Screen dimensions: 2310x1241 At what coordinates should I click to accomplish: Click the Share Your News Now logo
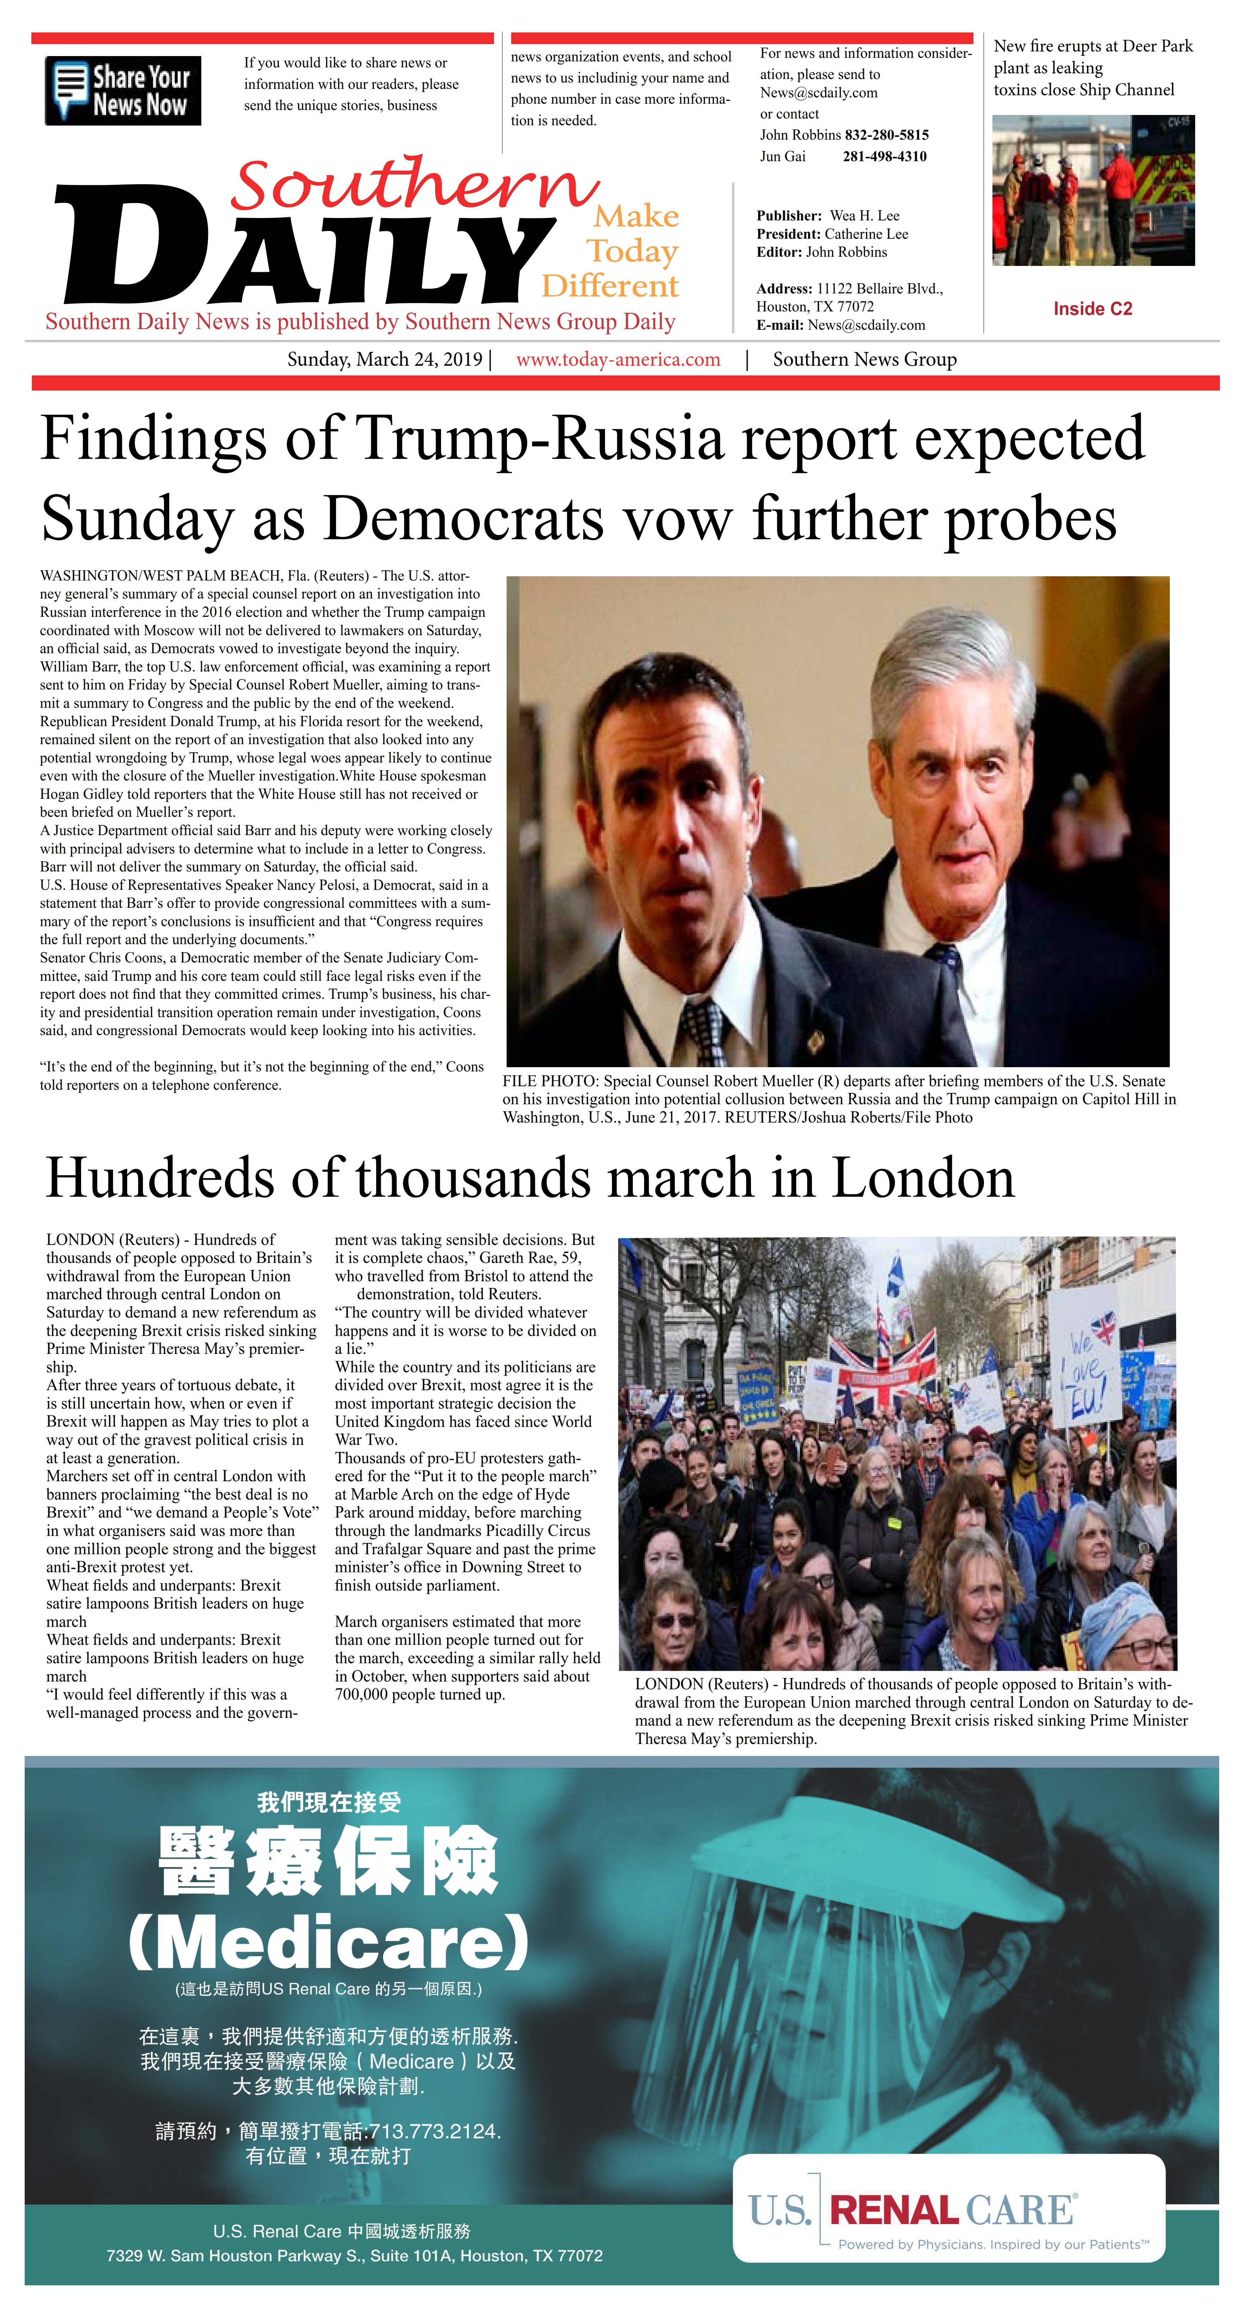pos(123,91)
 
